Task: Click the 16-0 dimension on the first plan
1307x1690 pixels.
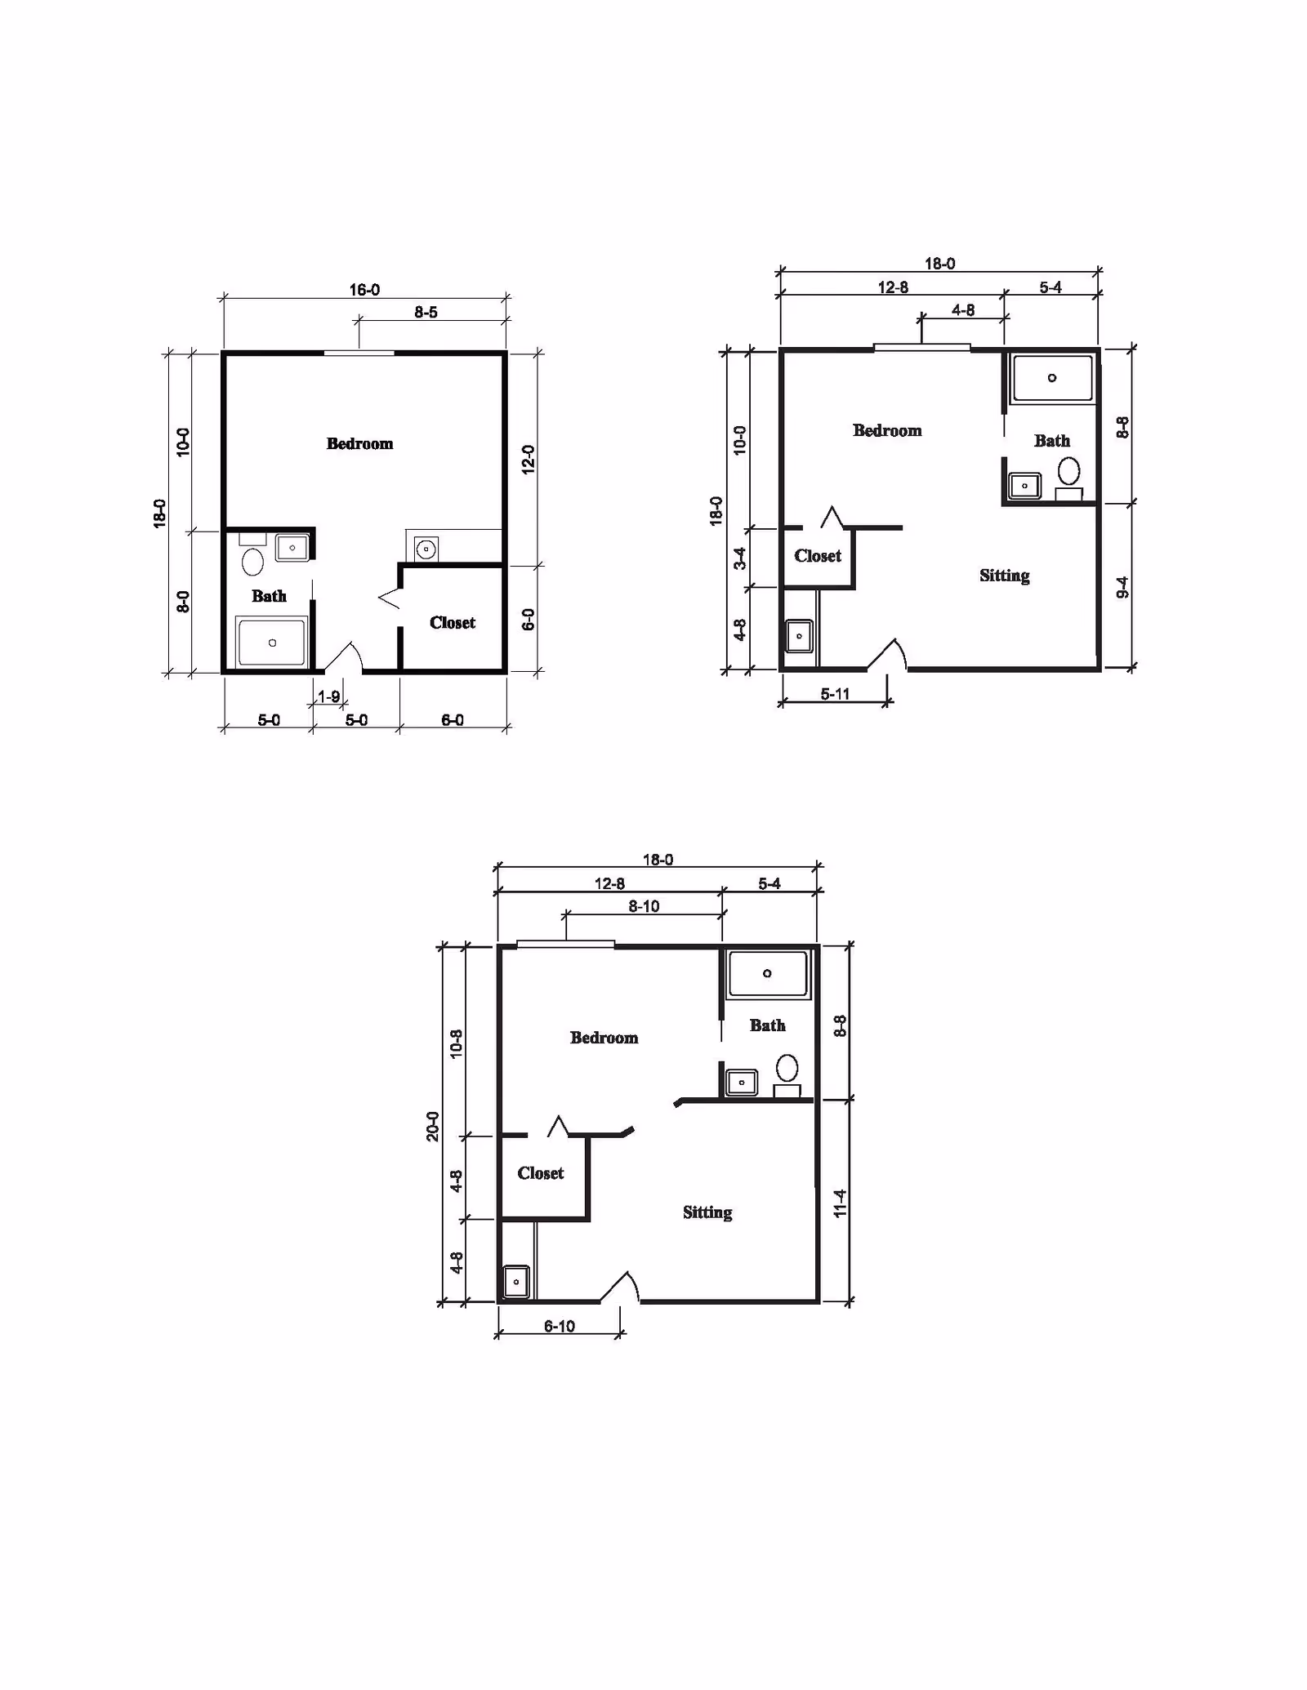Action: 364,290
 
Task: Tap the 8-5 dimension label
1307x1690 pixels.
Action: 426,312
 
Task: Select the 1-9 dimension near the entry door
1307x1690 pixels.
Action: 328,696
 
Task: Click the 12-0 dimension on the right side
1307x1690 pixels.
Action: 528,459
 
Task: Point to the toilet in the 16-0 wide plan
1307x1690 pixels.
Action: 252,562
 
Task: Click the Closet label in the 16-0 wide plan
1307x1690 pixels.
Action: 452,622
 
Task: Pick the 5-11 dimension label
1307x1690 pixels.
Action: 835,694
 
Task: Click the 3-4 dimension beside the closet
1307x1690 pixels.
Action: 739,558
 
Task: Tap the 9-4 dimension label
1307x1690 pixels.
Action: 1122,587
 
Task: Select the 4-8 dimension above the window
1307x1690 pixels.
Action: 962,310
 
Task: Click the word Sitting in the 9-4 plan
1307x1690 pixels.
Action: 1004,576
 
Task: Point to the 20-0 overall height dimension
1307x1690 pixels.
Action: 433,1126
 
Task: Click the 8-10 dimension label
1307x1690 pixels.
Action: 644,906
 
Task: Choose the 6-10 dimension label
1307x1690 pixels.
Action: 560,1326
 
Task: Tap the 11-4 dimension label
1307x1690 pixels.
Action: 840,1203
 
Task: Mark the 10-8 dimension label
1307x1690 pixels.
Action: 457,1043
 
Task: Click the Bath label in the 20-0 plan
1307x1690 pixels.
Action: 767,1025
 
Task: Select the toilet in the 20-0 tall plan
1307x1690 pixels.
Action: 787,1067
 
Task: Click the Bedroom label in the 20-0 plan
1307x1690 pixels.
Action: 604,1038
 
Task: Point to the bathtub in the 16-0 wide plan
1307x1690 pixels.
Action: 272,643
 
